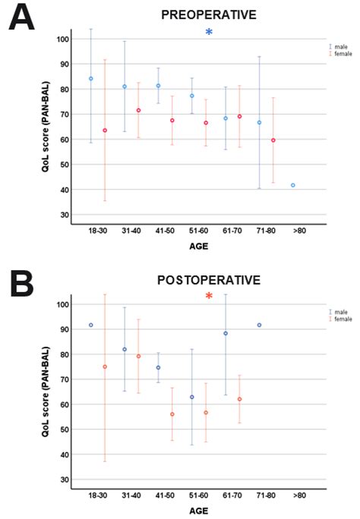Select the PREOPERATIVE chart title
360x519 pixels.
click(x=208, y=14)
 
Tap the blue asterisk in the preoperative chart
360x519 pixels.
click(x=209, y=33)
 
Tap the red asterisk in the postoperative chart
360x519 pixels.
click(x=209, y=296)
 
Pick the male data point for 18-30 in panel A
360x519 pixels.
click(x=91, y=78)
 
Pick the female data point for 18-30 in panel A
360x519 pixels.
click(x=105, y=131)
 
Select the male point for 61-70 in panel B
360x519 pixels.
click(x=226, y=333)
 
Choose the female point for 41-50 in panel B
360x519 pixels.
click(x=172, y=414)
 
